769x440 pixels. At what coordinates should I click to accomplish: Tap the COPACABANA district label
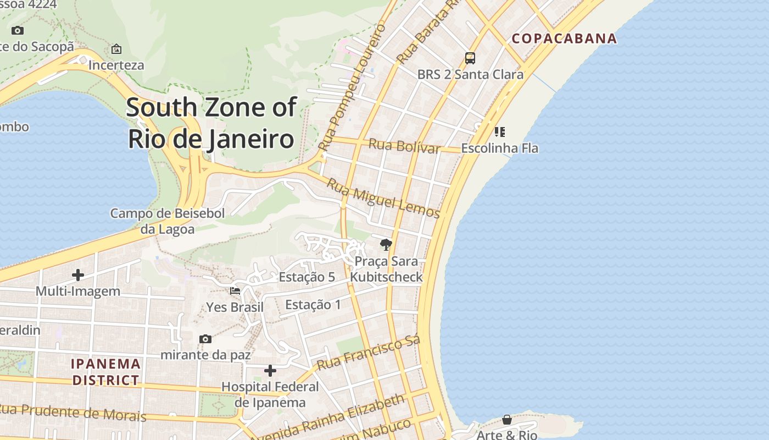pyautogui.click(x=564, y=38)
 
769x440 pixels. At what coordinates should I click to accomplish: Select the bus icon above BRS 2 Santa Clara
pyautogui.click(x=470, y=58)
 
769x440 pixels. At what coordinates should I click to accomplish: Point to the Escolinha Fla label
pyautogui.click(x=499, y=148)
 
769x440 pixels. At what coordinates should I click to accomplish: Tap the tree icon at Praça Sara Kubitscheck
pyautogui.click(x=386, y=245)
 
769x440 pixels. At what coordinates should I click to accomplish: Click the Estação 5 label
pyautogui.click(x=307, y=277)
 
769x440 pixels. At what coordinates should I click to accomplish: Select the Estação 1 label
pyautogui.click(x=313, y=305)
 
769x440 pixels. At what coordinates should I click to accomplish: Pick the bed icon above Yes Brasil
pyautogui.click(x=235, y=291)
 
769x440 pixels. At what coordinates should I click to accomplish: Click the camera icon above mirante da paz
pyautogui.click(x=205, y=339)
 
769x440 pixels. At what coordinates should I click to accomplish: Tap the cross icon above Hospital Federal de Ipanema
pyautogui.click(x=270, y=371)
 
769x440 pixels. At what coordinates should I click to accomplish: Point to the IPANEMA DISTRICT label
pyautogui.click(x=106, y=372)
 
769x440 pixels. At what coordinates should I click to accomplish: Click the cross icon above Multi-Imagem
pyautogui.click(x=78, y=275)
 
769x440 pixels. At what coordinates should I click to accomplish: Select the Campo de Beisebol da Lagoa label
pyautogui.click(x=168, y=221)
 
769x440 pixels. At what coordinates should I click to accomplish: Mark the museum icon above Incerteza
pyautogui.click(x=116, y=50)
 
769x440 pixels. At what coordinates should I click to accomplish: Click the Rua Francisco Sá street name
pyautogui.click(x=368, y=353)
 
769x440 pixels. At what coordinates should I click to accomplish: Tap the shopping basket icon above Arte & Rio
pyautogui.click(x=506, y=420)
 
